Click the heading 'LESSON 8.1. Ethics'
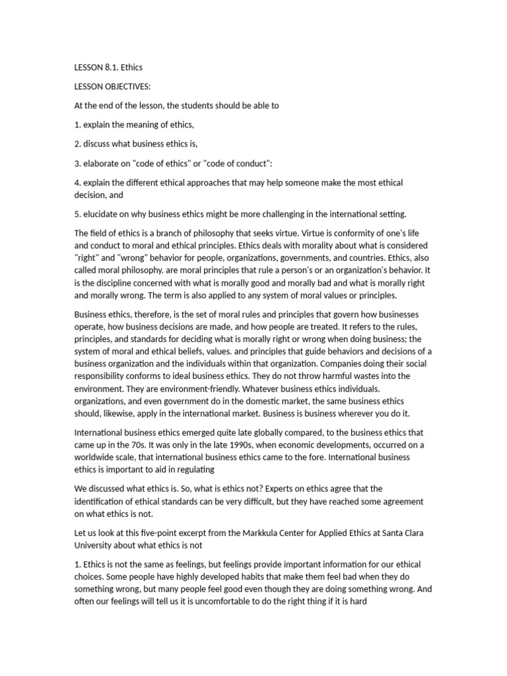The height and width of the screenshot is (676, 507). [x=108, y=67]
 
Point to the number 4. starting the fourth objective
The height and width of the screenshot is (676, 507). [x=77, y=182]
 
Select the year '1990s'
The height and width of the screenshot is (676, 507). [x=220, y=446]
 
